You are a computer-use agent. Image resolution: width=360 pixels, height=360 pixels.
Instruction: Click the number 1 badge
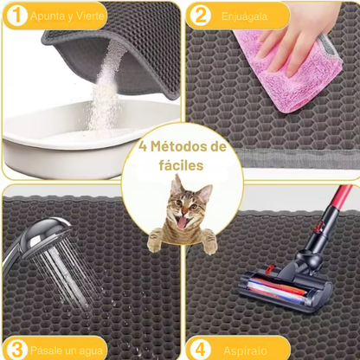15,15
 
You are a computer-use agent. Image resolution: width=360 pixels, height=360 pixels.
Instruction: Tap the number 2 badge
199,15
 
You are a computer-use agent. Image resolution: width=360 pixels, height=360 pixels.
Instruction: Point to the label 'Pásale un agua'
66,349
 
